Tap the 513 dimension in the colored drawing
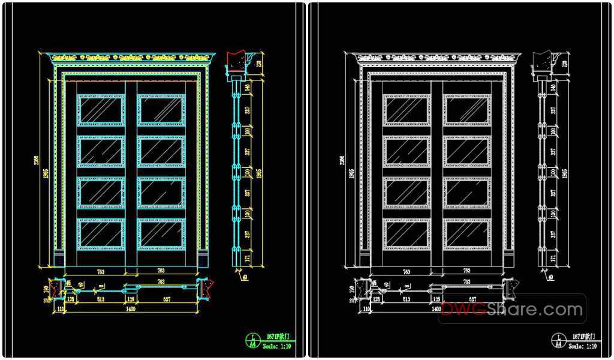click(x=100, y=298)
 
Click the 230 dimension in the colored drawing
click(x=260, y=64)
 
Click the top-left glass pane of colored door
click(x=101, y=110)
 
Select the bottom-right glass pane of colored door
click(x=161, y=233)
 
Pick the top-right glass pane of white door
click(x=466, y=110)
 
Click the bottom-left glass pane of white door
click(x=407, y=233)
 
